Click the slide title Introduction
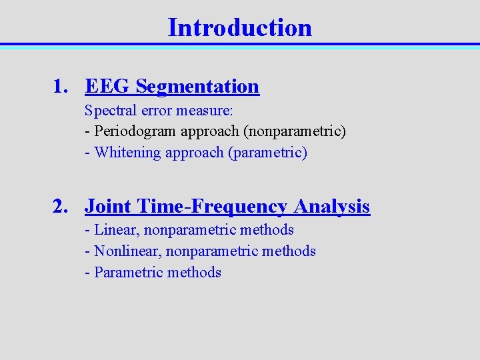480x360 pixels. pos(239,27)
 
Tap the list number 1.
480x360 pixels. pos(61,87)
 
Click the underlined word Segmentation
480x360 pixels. pos(197,87)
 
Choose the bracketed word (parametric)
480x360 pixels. pos(268,153)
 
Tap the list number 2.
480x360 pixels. pos(61,207)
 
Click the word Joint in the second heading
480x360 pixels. pos(107,207)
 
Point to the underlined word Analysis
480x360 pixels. pos(331,207)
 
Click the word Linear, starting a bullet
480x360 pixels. pos(116,230)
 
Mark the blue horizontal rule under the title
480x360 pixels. pos(239,45)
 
